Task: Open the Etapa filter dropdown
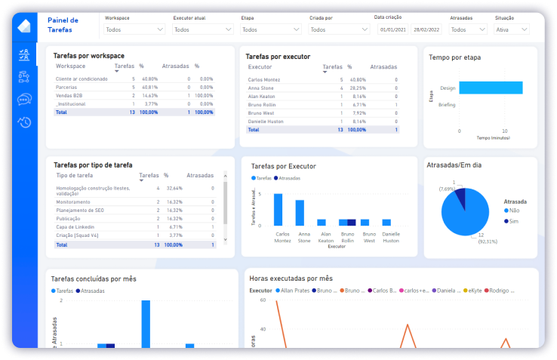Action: [269, 29]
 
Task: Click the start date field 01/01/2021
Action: [393, 29]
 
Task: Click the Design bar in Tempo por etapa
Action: [491, 88]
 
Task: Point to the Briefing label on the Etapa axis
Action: [447, 105]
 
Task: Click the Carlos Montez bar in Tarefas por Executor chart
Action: [278, 210]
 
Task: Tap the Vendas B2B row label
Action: [69, 96]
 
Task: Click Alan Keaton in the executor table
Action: [262, 97]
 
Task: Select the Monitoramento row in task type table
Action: [73, 202]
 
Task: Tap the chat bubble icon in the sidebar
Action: [24, 99]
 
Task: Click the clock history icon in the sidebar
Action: [24, 122]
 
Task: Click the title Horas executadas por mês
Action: [291, 278]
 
